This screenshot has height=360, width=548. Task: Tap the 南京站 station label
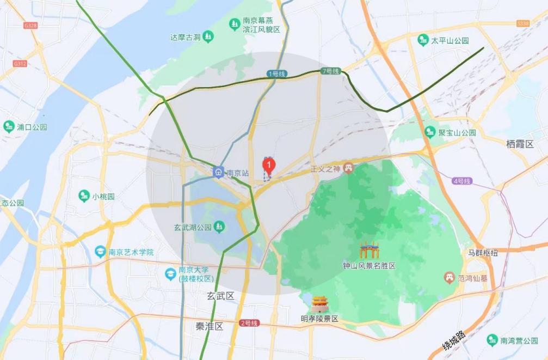point(237,173)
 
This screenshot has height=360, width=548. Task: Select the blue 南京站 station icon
point(218,172)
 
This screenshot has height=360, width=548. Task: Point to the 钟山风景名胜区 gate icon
point(369,251)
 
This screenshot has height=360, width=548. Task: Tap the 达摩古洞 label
point(186,37)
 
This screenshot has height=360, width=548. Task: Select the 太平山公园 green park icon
point(423,40)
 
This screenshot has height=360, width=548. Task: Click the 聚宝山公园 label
point(457,132)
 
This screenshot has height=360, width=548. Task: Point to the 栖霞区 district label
point(520,144)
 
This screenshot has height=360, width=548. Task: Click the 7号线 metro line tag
point(330,71)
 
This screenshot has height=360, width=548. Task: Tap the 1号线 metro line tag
point(276,73)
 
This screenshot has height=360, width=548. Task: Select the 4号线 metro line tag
point(461,181)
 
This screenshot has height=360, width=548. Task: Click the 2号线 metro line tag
point(249,324)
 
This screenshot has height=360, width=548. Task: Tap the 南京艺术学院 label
point(131,252)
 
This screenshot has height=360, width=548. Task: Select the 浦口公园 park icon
point(9,127)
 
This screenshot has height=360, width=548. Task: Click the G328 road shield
point(30,26)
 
